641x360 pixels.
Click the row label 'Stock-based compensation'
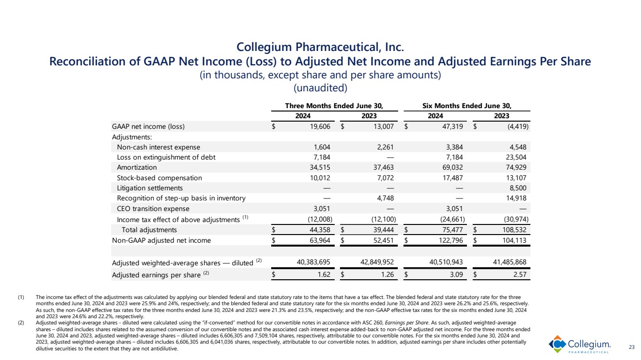point(159,177)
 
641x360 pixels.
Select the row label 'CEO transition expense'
point(153,209)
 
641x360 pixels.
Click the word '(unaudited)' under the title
point(320,88)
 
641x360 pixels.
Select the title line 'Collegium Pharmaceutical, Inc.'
point(320,48)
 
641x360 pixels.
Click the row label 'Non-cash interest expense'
point(158,147)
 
